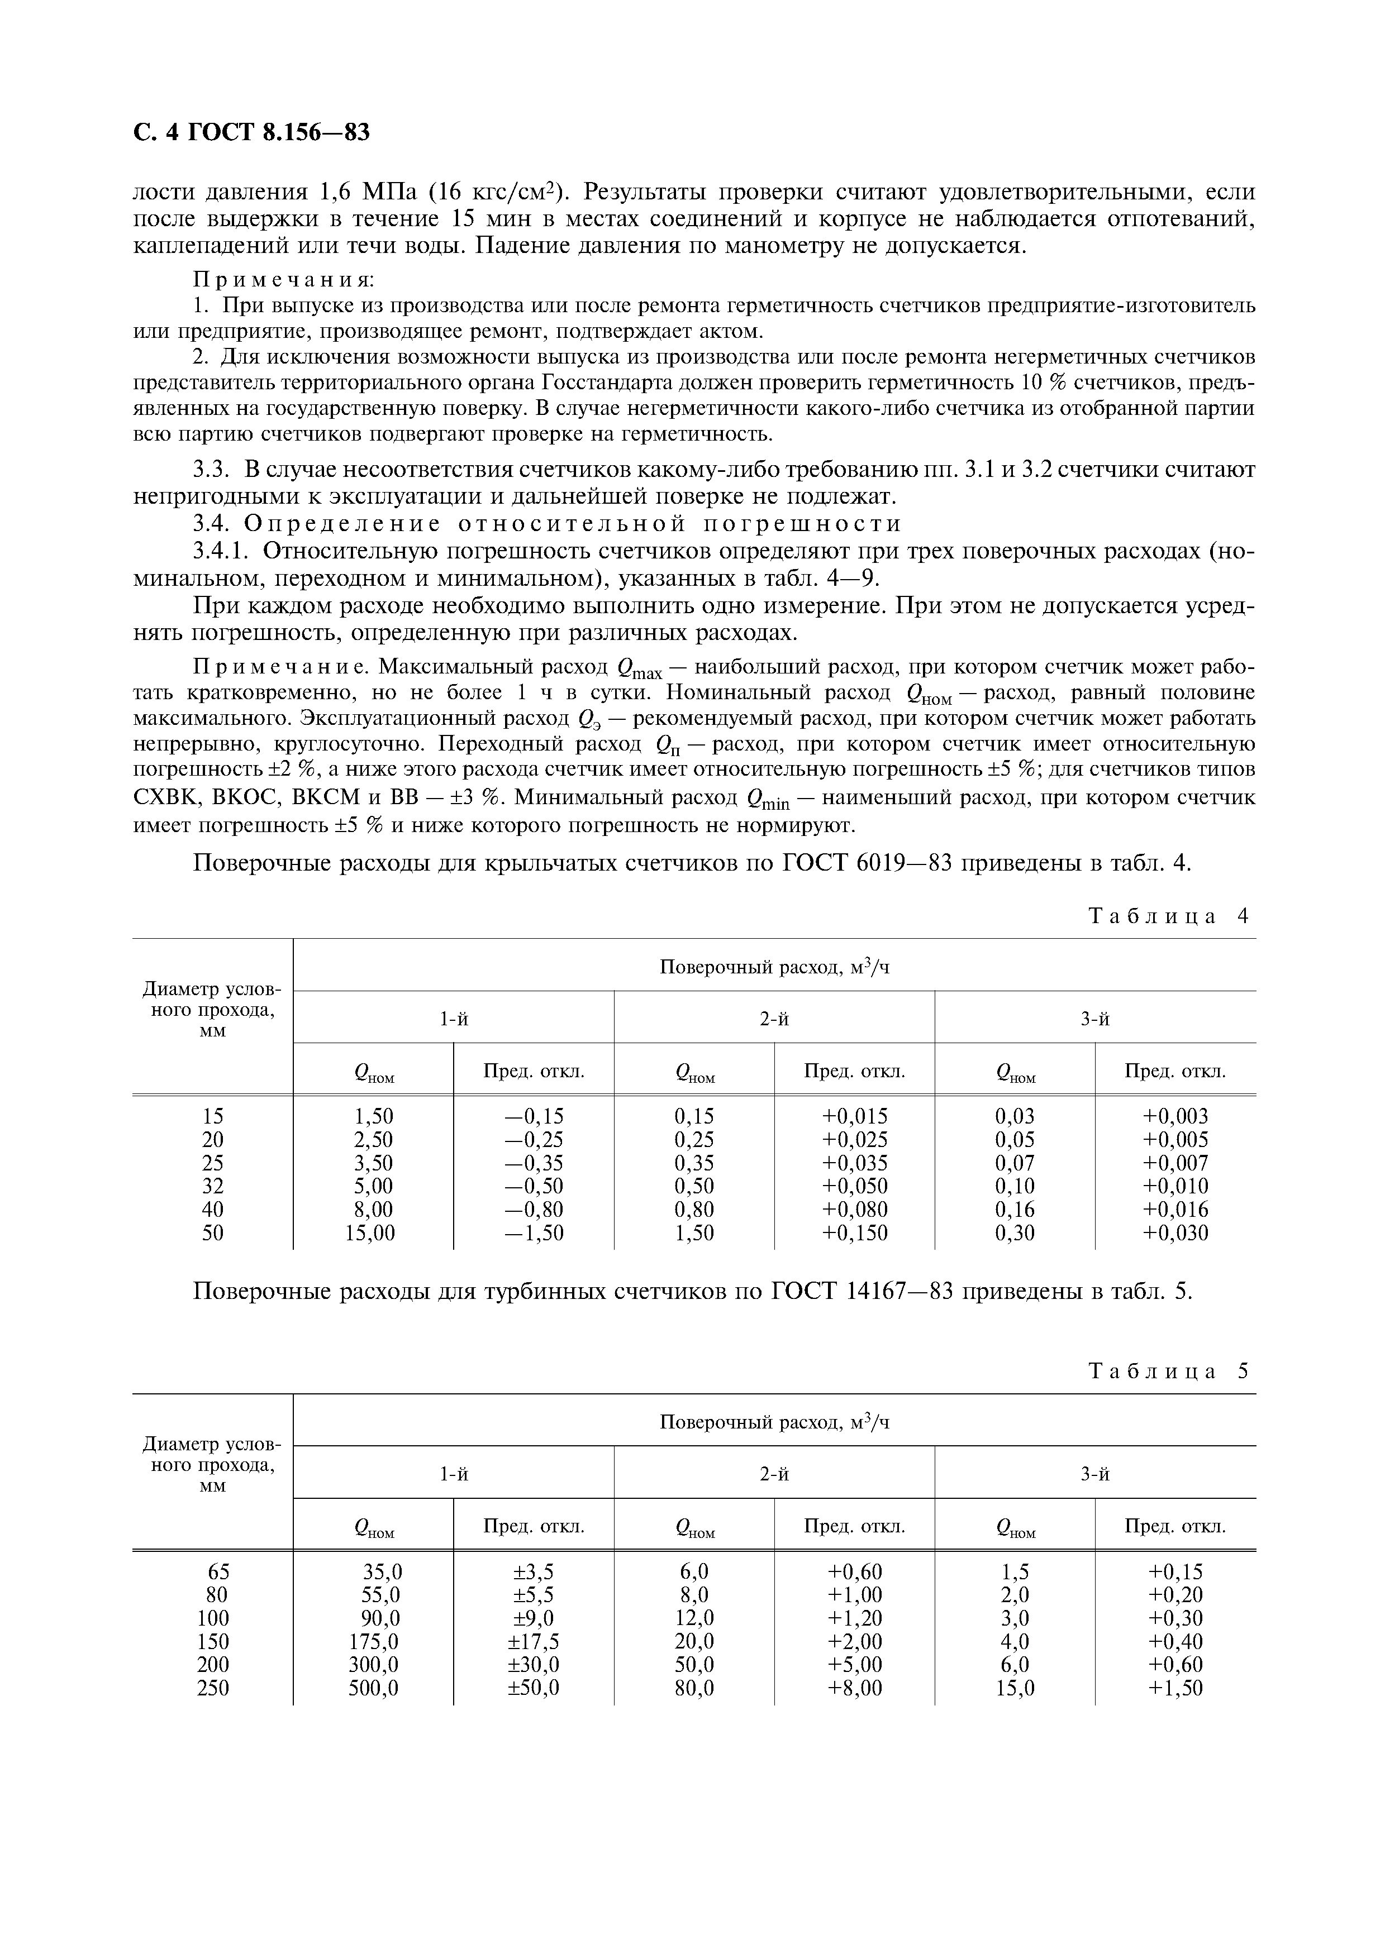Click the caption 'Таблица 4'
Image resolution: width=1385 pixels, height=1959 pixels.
pos(1168,916)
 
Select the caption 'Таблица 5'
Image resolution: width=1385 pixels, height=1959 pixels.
pos(1168,1371)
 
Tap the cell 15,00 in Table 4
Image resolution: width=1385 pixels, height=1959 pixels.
pos(370,1233)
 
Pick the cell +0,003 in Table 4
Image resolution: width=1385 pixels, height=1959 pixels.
pos(1175,1116)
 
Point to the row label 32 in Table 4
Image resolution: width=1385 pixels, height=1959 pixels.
pos(212,1186)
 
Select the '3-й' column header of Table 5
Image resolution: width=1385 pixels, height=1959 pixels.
pos(1095,1474)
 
